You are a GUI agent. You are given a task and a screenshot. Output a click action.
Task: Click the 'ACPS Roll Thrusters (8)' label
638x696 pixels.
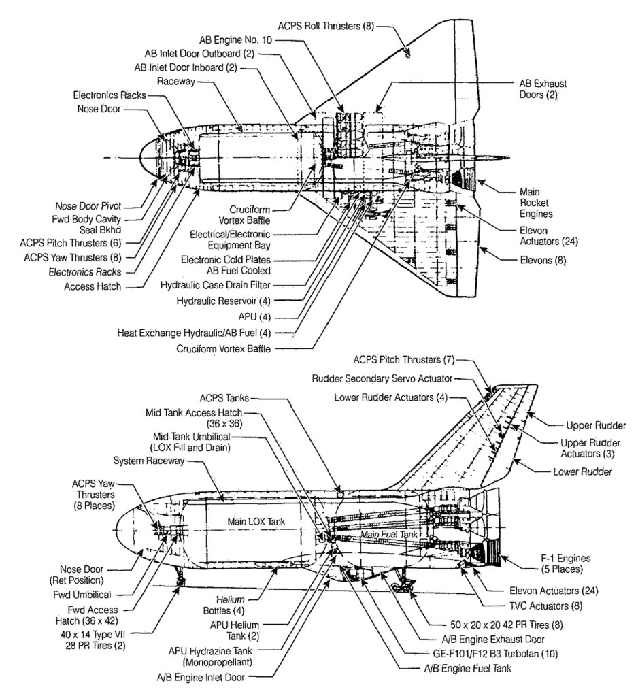(326, 26)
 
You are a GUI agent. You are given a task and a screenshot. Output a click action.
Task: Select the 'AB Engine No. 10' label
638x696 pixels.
(235, 40)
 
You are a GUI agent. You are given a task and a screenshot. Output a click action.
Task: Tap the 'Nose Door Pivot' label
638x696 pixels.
(88, 206)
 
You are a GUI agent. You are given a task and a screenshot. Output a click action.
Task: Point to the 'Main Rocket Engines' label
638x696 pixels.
(536, 203)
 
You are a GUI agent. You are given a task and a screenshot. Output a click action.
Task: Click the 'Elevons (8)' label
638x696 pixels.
(543, 260)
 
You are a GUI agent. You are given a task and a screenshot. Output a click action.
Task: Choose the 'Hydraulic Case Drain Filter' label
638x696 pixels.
(215, 285)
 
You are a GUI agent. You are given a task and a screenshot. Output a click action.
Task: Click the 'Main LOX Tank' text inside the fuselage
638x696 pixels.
(256, 522)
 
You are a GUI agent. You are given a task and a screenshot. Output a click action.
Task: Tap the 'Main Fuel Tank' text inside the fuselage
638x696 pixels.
(388, 535)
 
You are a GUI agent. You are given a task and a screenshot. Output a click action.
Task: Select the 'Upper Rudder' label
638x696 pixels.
(596, 425)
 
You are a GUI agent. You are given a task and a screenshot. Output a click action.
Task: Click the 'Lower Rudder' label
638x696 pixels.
(582, 472)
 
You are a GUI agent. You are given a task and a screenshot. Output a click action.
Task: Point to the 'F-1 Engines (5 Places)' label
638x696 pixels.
(565, 564)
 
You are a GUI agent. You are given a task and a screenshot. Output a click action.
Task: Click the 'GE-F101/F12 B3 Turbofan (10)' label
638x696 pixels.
(495, 654)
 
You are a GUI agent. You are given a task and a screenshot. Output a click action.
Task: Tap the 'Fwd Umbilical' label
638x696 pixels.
(82, 595)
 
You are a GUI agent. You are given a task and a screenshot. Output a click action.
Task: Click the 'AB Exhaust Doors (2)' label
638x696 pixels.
(543, 89)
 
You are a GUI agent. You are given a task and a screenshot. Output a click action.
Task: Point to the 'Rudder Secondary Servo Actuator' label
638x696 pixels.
(382, 379)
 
